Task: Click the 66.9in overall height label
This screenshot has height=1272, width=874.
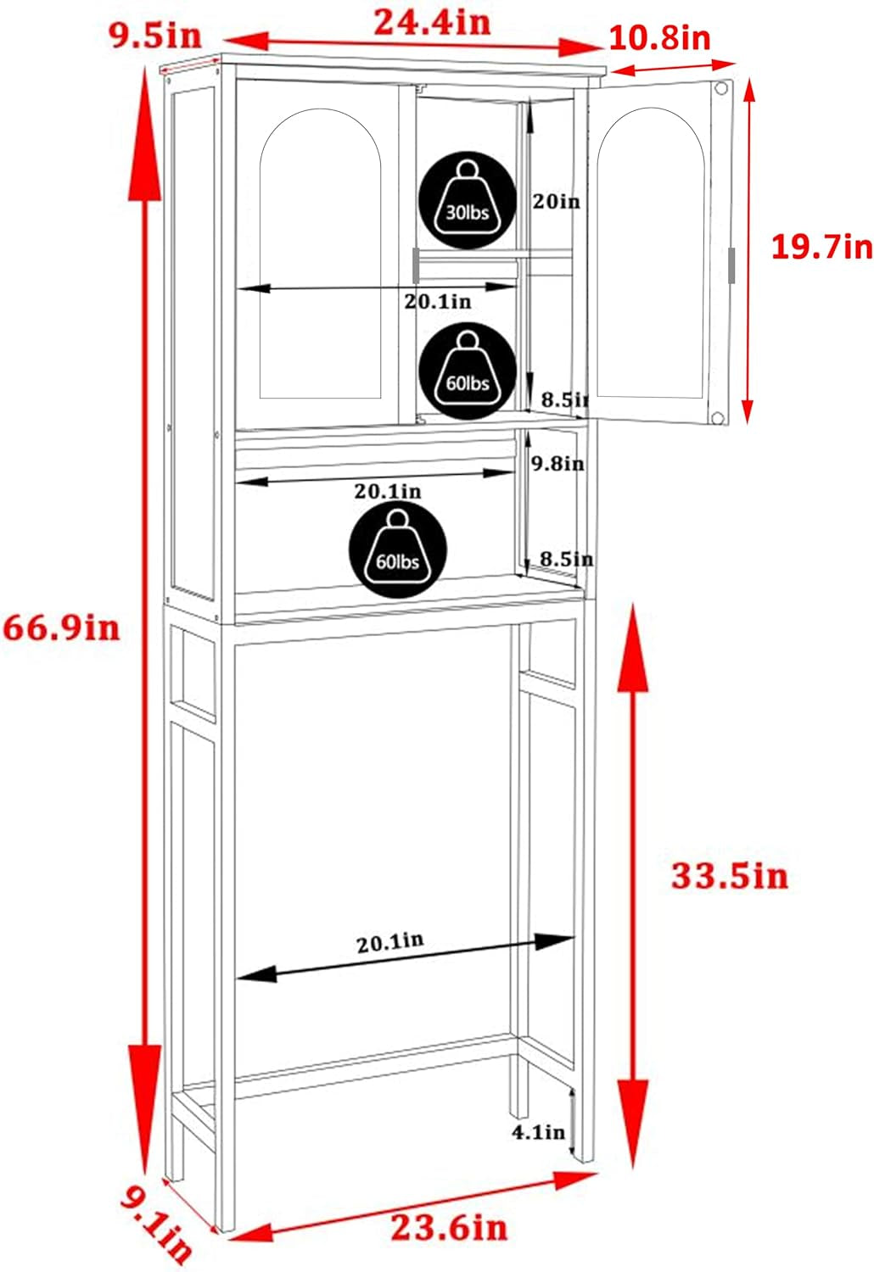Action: pyautogui.click(x=61, y=628)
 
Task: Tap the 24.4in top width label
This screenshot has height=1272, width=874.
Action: pyautogui.click(x=432, y=22)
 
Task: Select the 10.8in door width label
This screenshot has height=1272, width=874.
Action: pyautogui.click(x=659, y=38)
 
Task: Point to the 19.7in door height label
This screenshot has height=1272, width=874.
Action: pyautogui.click(x=821, y=247)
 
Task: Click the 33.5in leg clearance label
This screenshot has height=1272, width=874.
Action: pyautogui.click(x=729, y=875)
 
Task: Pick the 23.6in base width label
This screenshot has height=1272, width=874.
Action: pyautogui.click(x=449, y=1227)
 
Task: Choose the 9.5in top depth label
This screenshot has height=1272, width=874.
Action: pyautogui.click(x=155, y=35)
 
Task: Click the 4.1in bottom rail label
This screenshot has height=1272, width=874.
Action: pyautogui.click(x=538, y=1132)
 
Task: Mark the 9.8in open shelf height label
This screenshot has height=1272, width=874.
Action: pyautogui.click(x=557, y=464)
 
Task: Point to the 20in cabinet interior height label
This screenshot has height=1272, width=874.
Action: pyautogui.click(x=556, y=202)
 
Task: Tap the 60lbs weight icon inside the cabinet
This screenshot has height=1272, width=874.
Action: pyautogui.click(x=468, y=371)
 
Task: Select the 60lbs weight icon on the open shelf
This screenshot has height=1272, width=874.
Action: pyautogui.click(x=398, y=550)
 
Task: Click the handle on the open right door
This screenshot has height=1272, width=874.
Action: pyautogui.click(x=731, y=265)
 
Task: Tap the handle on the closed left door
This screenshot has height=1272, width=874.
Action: pyautogui.click(x=417, y=265)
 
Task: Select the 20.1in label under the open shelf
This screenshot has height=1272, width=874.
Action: pyautogui.click(x=387, y=491)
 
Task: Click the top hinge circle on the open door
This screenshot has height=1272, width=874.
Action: pyautogui.click(x=721, y=88)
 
